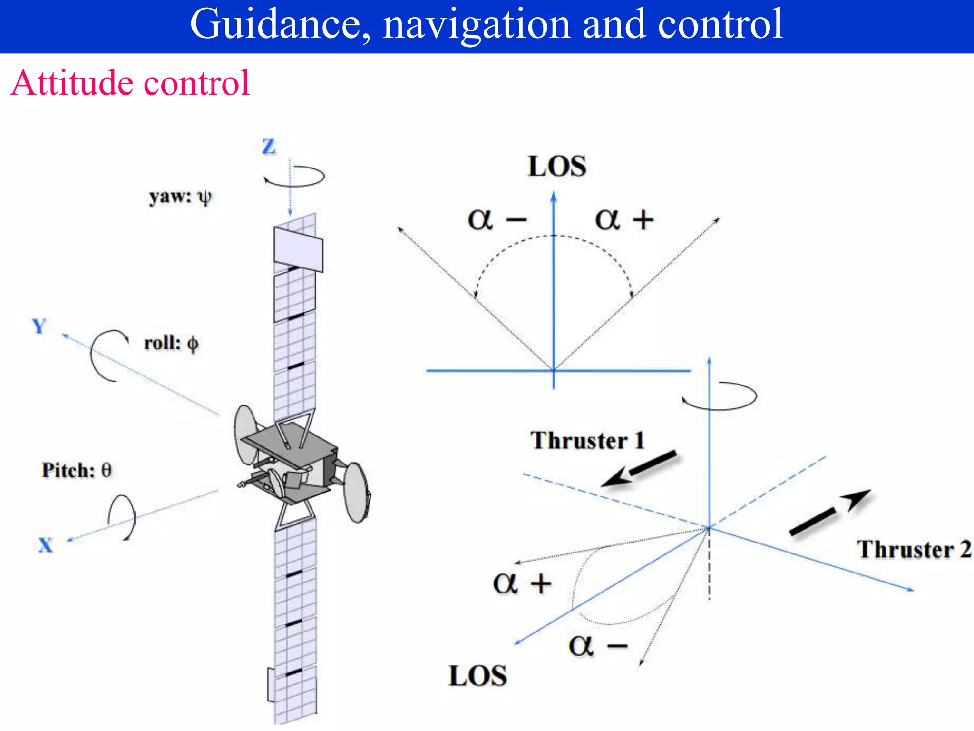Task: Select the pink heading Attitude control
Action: (130, 83)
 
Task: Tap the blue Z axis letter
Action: (269, 147)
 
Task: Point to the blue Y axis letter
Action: (39, 326)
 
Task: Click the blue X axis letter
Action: (45, 545)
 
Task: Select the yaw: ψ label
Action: (180, 197)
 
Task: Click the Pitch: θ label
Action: (77, 470)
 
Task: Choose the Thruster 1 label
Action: (587, 440)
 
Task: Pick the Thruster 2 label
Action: (914, 549)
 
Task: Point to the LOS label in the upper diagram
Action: (557, 167)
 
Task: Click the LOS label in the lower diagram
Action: (478, 676)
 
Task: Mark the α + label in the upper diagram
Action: (624, 219)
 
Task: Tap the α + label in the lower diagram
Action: (522, 583)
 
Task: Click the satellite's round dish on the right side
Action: (357, 493)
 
